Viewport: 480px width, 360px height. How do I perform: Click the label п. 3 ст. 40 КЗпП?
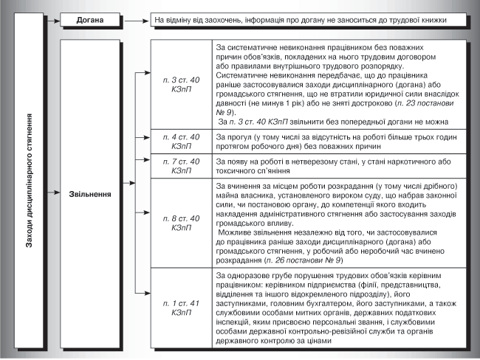click(181, 82)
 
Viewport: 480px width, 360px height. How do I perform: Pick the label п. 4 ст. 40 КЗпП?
click(181, 142)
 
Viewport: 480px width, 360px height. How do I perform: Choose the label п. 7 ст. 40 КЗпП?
click(181, 165)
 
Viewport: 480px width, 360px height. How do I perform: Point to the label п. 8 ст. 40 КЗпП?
click(181, 223)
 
